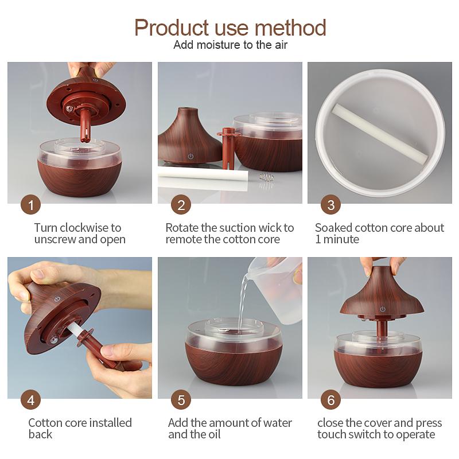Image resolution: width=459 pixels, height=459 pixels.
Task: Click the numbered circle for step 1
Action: [31, 205]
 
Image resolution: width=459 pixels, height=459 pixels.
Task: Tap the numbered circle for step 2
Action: [181, 205]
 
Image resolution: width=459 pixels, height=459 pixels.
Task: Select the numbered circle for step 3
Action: [331, 205]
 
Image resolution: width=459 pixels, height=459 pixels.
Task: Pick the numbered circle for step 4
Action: [31, 400]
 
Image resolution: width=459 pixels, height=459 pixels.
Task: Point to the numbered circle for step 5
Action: [181, 400]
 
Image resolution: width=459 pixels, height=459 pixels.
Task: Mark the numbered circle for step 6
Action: [331, 400]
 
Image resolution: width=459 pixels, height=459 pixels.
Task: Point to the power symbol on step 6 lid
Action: [382, 309]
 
